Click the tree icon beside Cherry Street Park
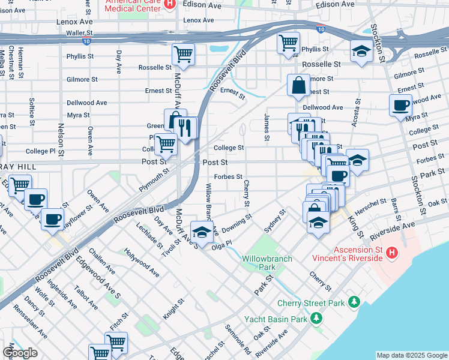coord(355,301)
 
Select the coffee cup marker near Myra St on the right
coord(400,106)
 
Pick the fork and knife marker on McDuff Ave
coord(185,128)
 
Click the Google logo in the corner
coord(20,353)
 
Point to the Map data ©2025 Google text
coord(411,355)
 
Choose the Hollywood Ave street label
coord(142,262)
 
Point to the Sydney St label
coord(274,223)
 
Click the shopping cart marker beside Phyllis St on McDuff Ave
coord(183,54)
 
